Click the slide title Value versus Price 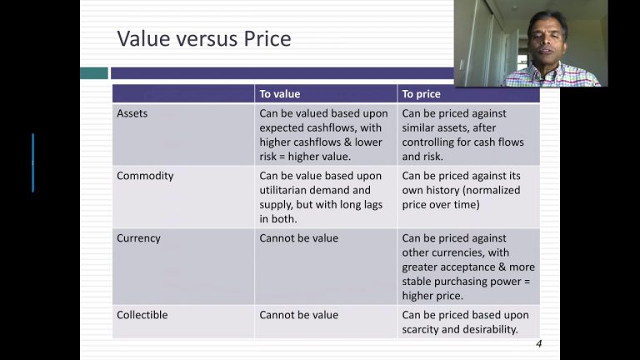coord(204,39)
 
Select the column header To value coord(280,94)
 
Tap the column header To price coord(421,94)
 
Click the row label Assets coord(132,113)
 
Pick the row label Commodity coord(145,176)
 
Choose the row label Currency coord(138,238)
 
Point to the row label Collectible coord(142,315)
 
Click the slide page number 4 coord(539,343)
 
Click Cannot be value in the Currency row coord(299,238)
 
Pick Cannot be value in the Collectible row coord(299,315)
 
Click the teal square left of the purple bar coord(94,73)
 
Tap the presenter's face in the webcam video coord(547,42)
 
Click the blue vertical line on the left coord(33,162)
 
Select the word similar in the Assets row coord(418,127)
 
